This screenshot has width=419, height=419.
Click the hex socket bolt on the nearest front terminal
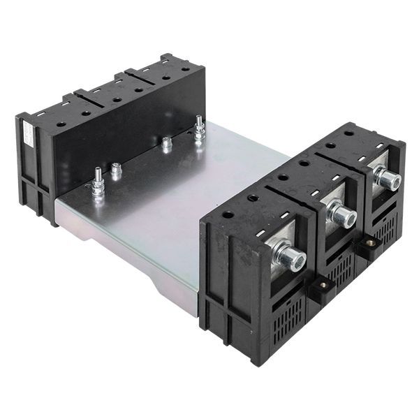pos(293,258)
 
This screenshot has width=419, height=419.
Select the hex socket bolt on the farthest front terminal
pos(388,179)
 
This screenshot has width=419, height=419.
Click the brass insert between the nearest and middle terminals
pos(323,284)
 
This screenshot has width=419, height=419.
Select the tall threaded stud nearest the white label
pos(96,184)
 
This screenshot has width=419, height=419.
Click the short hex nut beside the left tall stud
pos(116,170)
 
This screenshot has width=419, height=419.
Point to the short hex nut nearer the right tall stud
pos(167,144)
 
